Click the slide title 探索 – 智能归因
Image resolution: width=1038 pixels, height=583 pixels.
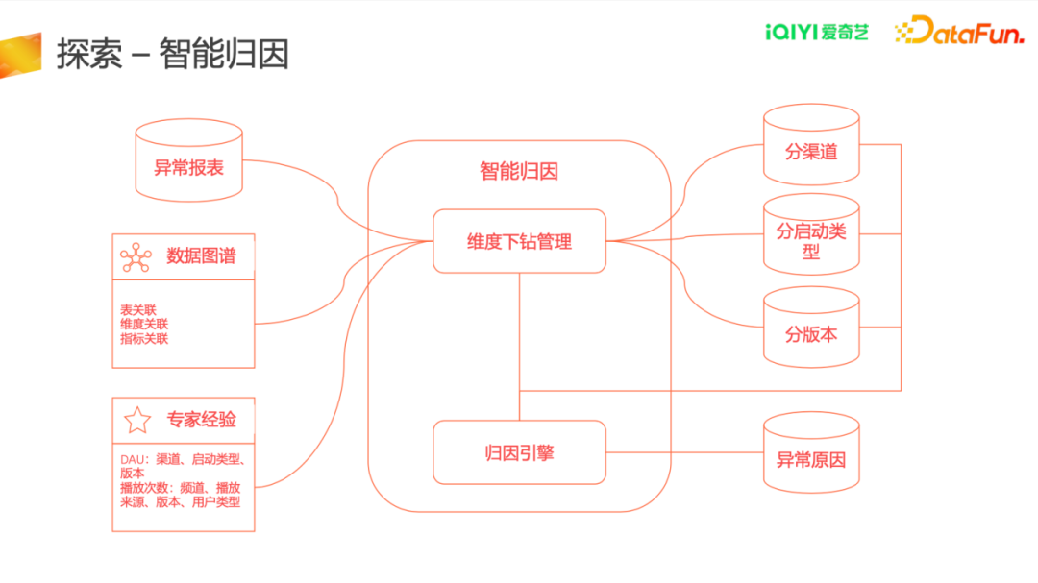pyautogui.click(x=173, y=54)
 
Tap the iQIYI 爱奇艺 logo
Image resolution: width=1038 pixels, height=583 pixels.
pyautogui.click(x=816, y=32)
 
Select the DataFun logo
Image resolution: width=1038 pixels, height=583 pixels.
pyautogui.click(x=959, y=31)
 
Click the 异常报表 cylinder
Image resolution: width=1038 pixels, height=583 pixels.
pyautogui.click(x=188, y=160)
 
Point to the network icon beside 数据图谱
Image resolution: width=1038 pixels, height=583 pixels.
pyautogui.click(x=136, y=257)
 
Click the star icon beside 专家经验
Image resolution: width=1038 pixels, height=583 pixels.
pyautogui.click(x=137, y=421)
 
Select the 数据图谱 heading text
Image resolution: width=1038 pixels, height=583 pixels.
pyautogui.click(x=201, y=256)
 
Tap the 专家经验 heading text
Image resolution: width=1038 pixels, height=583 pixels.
pyautogui.click(x=201, y=420)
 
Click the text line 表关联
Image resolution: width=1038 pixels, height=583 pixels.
pyautogui.click(x=137, y=309)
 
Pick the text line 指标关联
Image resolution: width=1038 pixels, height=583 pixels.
pyautogui.click(x=144, y=339)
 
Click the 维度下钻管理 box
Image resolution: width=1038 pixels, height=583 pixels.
pyautogui.click(x=520, y=241)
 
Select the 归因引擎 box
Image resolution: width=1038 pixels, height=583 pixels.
pyautogui.click(x=520, y=452)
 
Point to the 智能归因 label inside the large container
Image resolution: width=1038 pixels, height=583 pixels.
pyautogui.click(x=519, y=171)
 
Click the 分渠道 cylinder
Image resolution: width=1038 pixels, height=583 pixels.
pyautogui.click(x=811, y=144)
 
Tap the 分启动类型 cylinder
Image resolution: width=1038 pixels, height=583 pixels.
pyautogui.click(x=811, y=234)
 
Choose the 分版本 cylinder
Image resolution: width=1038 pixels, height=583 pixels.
pyautogui.click(x=811, y=327)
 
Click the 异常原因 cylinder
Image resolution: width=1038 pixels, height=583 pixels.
pyautogui.click(x=811, y=452)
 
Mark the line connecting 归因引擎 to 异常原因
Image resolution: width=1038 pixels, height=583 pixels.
pyautogui.click(x=685, y=452)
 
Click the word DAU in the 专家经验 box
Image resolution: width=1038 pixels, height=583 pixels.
pyautogui.click(x=132, y=459)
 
